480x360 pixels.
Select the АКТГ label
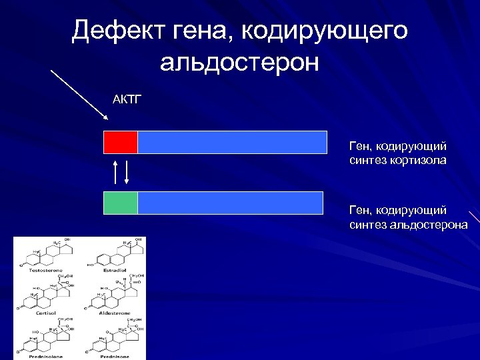click(127, 100)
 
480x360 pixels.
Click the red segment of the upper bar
click(121, 143)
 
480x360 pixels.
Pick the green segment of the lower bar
click(121, 203)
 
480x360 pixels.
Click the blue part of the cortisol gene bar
click(232, 143)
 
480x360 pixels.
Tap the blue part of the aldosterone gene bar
click(230, 203)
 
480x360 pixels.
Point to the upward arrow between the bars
click(115, 172)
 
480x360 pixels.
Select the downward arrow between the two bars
click(127, 172)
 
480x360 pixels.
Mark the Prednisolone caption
click(45, 355)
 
